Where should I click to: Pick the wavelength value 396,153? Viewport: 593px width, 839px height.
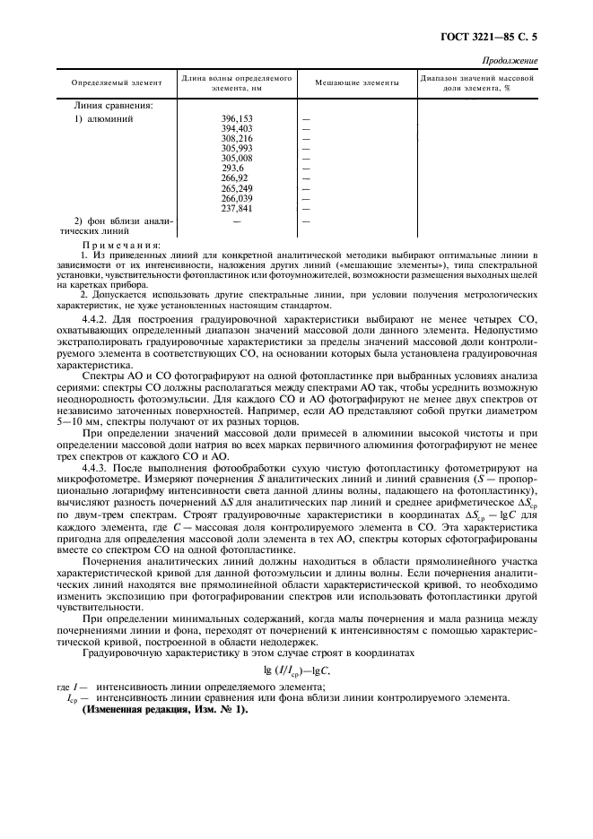click(237, 119)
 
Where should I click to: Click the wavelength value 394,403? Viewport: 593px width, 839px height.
click(237, 129)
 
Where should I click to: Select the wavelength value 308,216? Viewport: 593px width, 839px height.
click(237, 139)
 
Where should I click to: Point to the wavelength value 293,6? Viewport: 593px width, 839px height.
click(232, 169)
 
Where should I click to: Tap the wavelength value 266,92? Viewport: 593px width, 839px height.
click(234, 178)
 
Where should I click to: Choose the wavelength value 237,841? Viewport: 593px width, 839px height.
click(237, 208)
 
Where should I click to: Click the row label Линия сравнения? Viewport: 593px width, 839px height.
click(113, 105)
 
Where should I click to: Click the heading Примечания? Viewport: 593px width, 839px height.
click(120, 244)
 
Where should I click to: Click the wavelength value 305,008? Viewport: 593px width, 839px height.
click(237, 159)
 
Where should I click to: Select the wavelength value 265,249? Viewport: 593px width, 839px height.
click(237, 188)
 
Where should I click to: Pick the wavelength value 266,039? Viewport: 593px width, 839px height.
click(237, 198)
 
